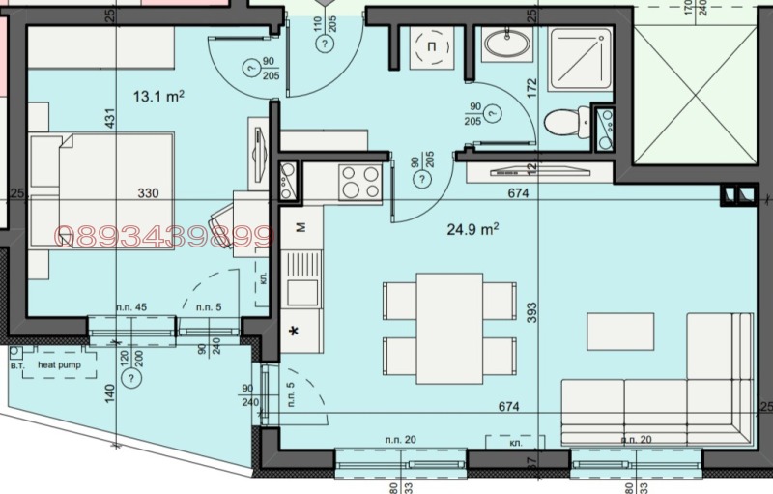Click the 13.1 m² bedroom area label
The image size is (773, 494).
click(160, 95)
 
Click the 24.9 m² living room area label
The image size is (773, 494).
click(472, 230)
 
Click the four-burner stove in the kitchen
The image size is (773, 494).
click(360, 181)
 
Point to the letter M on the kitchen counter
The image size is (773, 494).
click(301, 228)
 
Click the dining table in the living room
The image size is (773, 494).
click(449, 327)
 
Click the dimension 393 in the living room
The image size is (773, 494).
click(530, 316)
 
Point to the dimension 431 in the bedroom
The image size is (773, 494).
click(110, 118)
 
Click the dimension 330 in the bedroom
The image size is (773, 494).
click(148, 193)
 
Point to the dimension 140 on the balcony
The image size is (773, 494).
click(110, 393)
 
